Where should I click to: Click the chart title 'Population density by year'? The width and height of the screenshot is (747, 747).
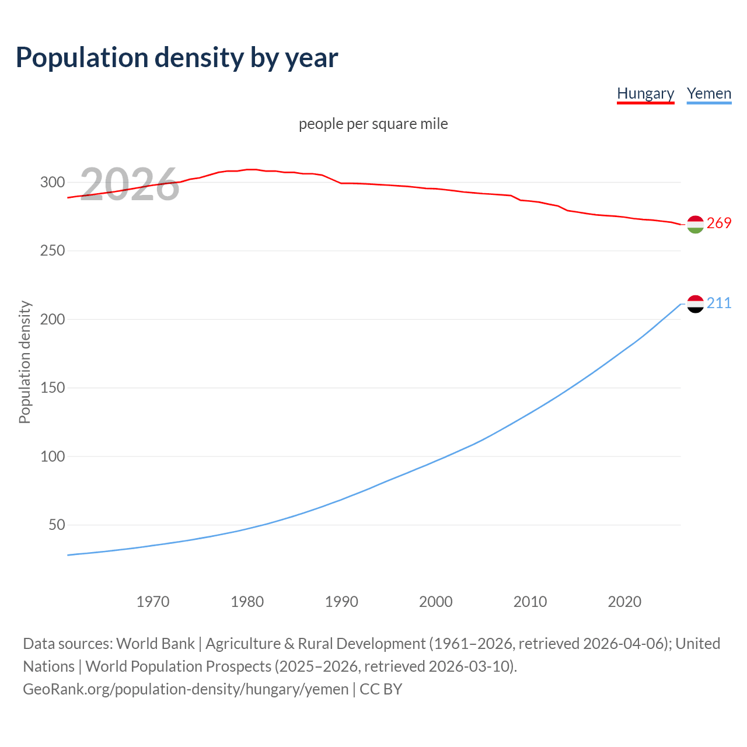tap(177, 57)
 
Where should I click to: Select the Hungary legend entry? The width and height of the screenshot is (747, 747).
tap(645, 93)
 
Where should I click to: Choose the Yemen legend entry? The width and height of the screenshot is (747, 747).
tap(709, 93)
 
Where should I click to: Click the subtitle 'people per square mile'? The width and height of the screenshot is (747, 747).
tap(373, 124)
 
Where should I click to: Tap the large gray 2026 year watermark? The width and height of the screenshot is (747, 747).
tap(130, 184)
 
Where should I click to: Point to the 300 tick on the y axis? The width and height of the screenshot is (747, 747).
tap(53, 182)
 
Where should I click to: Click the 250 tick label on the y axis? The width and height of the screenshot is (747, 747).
tap(53, 251)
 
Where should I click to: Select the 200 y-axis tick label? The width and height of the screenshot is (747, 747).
tap(53, 319)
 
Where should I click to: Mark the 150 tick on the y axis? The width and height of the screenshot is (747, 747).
tap(53, 388)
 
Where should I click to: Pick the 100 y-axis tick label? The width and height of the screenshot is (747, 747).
tap(53, 456)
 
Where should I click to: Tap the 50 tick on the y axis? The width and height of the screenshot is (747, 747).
tap(57, 525)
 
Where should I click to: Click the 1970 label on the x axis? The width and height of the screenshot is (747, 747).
tap(153, 602)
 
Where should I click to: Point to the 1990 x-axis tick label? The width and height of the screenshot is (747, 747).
tap(341, 602)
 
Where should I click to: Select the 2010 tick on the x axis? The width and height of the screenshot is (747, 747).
tap(530, 602)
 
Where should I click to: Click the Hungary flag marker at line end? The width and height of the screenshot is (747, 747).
tap(695, 224)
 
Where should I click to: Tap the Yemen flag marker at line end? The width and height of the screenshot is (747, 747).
tap(695, 303)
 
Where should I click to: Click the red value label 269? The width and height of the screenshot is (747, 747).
tap(719, 224)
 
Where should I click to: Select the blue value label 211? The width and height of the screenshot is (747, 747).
tap(719, 303)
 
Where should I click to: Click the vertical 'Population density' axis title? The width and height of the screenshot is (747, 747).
tap(25, 362)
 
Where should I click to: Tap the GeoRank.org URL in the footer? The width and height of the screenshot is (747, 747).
tap(186, 689)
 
